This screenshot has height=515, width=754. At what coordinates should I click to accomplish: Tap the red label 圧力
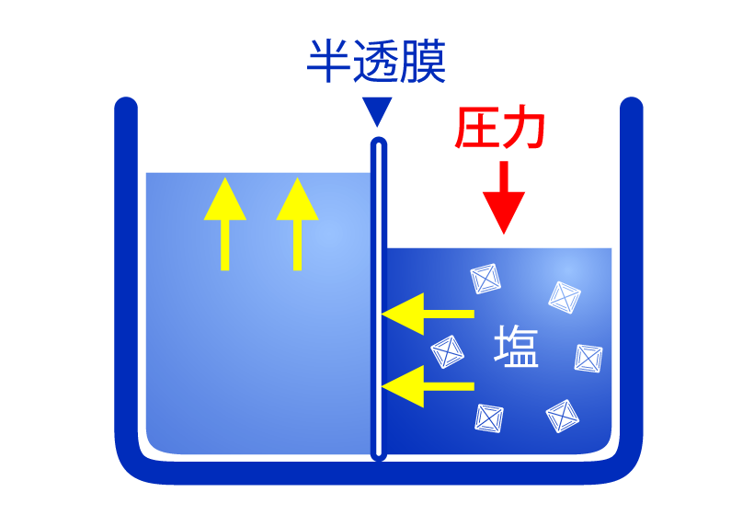(x=501, y=129)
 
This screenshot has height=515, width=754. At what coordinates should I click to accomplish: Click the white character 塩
(x=516, y=347)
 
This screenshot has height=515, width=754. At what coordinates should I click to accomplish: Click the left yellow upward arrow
(x=225, y=224)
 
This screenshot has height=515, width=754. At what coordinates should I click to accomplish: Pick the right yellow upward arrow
(x=297, y=224)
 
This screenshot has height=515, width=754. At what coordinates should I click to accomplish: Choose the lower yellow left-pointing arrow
(x=427, y=386)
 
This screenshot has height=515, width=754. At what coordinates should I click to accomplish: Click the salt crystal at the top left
(x=485, y=279)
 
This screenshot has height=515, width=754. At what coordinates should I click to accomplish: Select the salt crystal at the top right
(x=564, y=296)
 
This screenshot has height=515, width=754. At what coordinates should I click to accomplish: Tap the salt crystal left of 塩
(x=448, y=350)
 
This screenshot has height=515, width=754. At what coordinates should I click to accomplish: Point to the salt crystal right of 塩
(x=588, y=358)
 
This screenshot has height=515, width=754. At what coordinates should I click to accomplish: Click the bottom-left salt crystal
(x=489, y=418)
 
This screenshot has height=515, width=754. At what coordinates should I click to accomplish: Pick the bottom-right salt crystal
(x=562, y=416)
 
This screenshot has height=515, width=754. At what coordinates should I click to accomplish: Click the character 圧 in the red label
(x=477, y=129)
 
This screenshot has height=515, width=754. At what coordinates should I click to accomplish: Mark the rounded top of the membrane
(x=378, y=144)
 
